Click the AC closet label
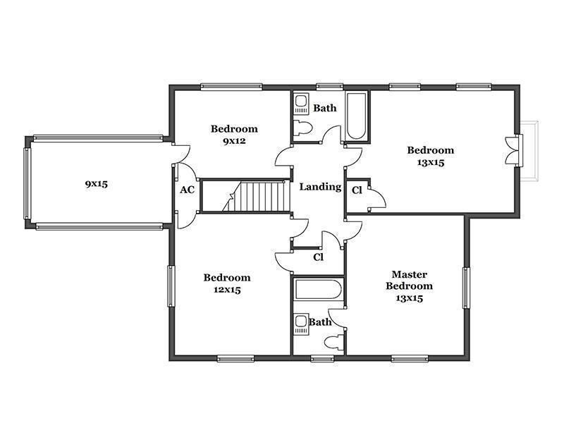187,190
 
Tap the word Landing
320,187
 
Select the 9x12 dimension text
234,141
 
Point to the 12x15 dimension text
227,290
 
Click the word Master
410,274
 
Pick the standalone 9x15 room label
97,184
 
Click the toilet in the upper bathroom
302,128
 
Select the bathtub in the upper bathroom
356,116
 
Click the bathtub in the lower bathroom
317,289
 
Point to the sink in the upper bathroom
302,104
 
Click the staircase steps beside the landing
256,197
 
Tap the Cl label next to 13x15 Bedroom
357,190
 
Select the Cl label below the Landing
319,257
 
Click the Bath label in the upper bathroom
325,108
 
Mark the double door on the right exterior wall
514,150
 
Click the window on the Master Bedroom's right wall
466,288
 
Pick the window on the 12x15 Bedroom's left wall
171,286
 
